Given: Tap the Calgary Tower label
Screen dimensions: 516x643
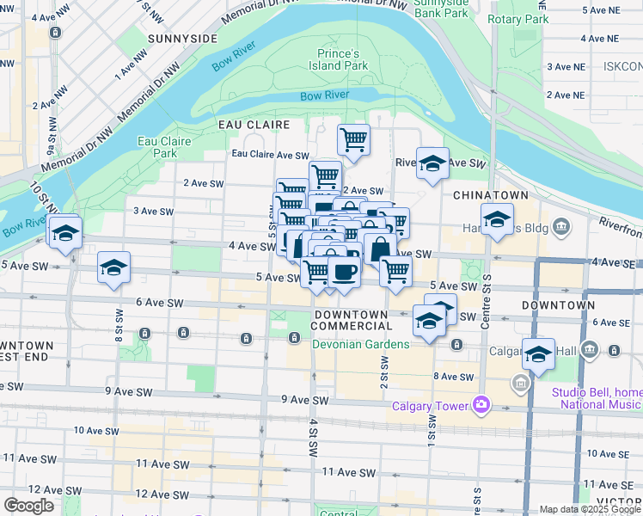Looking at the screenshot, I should (430, 406).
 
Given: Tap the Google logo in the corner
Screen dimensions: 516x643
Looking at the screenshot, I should (28, 506).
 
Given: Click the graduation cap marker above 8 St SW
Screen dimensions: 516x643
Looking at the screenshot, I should (113, 268).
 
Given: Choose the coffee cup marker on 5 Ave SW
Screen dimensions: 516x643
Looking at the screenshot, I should (345, 273).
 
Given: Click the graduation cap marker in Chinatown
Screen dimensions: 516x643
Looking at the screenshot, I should (497, 220).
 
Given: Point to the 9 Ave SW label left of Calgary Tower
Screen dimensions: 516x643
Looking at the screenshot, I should (304, 400).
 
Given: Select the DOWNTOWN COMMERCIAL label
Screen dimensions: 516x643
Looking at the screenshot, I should (352, 320).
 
